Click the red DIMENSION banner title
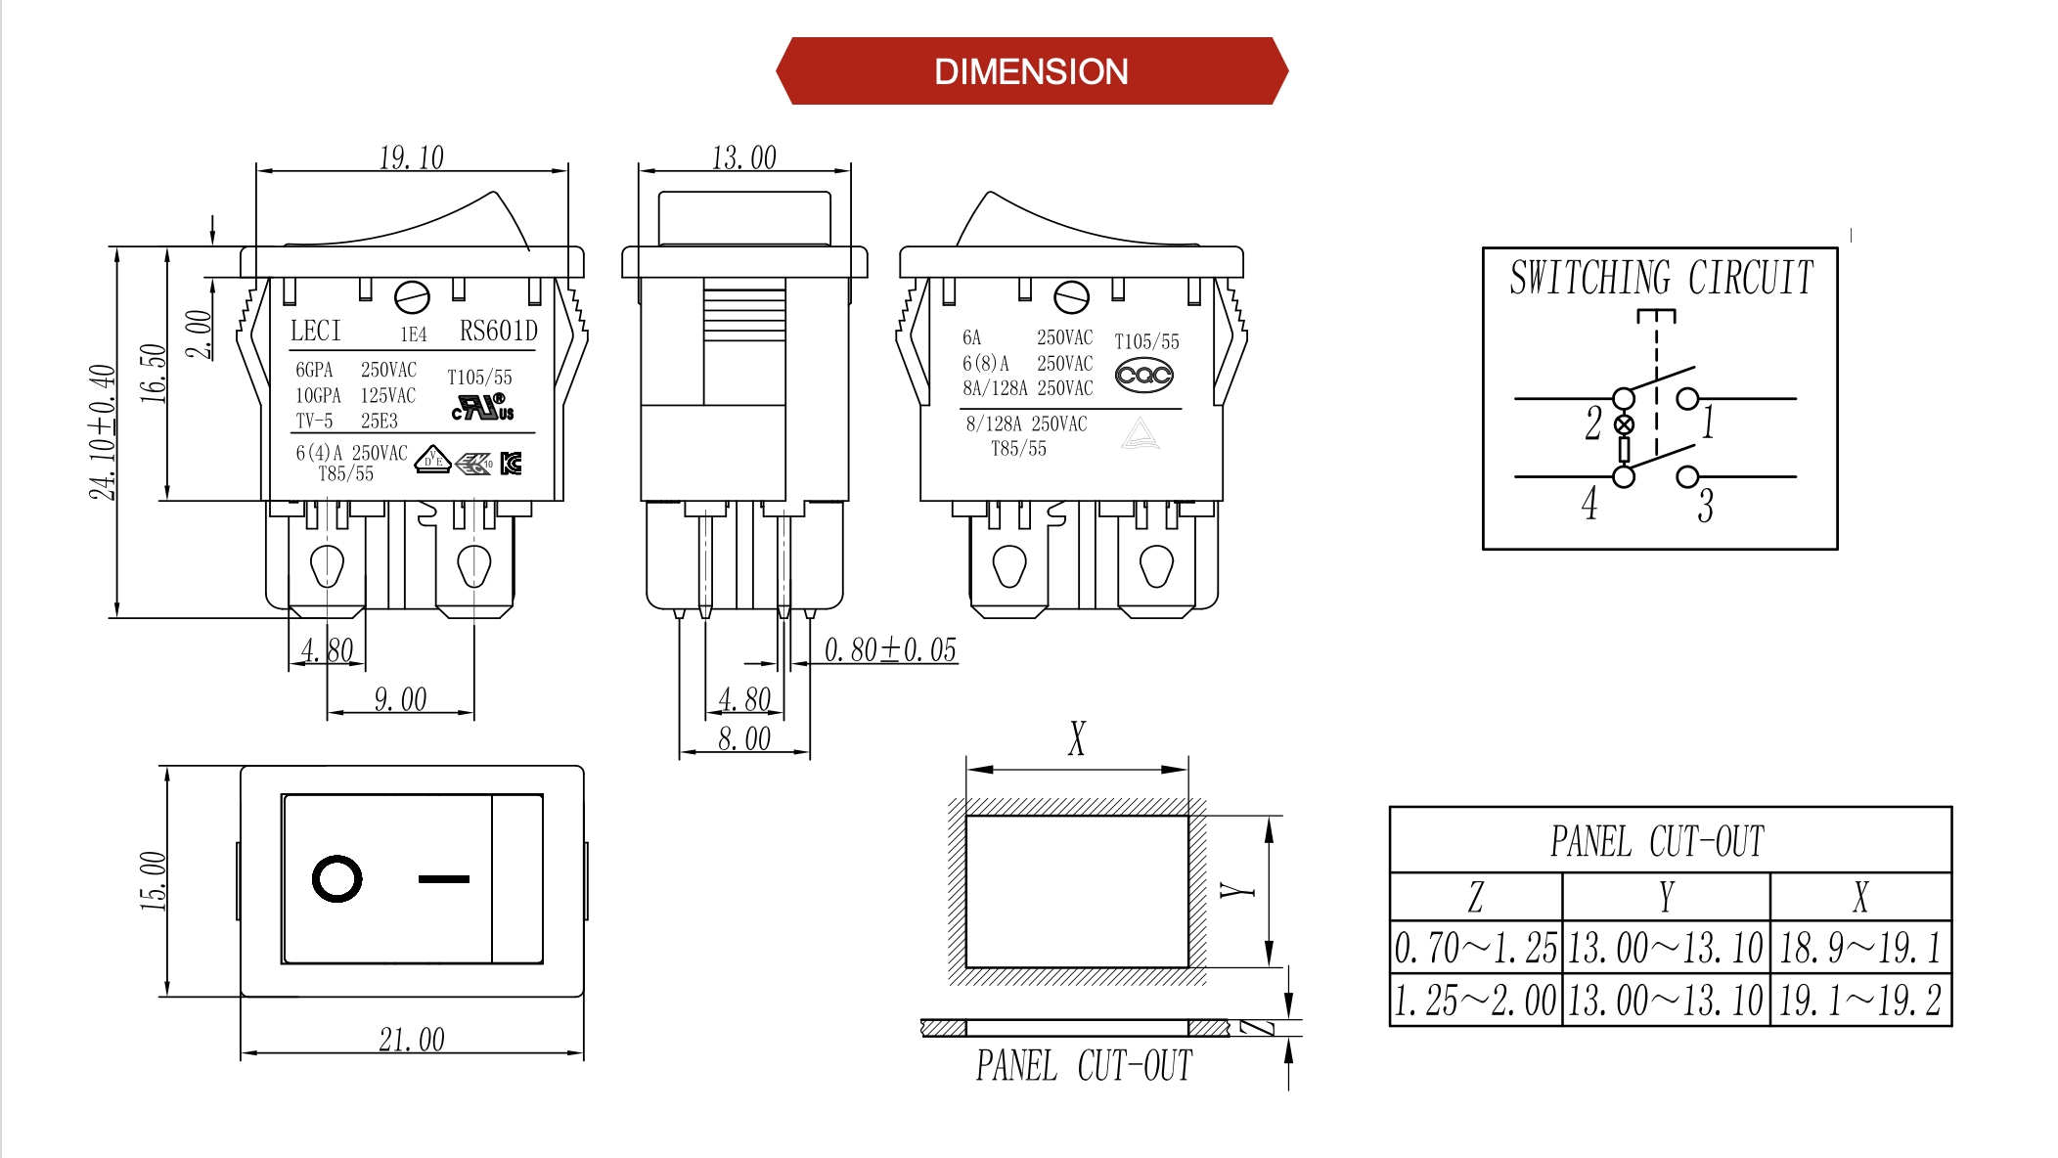pos(1031,71)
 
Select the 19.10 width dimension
pos(411,157)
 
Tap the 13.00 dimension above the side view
pos(743,157)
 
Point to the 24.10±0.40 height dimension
pos(103,431)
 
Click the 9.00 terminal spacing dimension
pos(400,699)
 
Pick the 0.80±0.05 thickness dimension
pos(889,650)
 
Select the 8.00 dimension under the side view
pos(743,739)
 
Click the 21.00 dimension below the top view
pos(411,1039)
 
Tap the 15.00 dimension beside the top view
pos(154,880)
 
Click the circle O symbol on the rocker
pos(336,879)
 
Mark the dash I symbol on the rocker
pos(443,879)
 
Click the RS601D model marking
pos(498,332)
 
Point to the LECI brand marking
pos(315,332)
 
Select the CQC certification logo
pos(1143,375)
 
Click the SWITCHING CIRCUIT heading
pos(1661,278)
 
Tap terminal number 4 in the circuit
pos(1589,504)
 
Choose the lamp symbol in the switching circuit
pos(1624,424)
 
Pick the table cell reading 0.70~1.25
pos(1475,947)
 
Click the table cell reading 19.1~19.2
pos(1859,1000)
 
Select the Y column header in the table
pos(1666,896)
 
